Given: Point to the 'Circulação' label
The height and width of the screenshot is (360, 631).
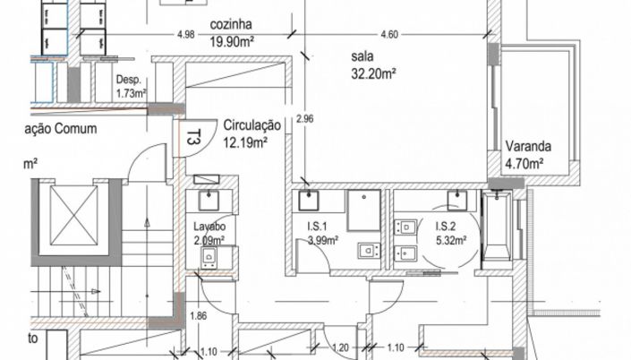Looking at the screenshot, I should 252,126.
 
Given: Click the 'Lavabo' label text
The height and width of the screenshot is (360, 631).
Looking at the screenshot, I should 209,227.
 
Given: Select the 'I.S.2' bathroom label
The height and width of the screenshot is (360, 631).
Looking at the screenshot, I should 448,227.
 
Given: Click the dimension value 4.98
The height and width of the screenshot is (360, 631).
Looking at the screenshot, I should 186,34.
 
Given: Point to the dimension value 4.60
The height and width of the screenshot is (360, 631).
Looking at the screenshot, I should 388,34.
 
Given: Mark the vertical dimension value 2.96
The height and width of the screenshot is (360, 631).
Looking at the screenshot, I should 304,118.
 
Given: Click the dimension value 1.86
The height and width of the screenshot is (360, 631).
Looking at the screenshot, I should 200,316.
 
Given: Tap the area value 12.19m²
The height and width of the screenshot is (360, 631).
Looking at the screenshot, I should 245,141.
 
